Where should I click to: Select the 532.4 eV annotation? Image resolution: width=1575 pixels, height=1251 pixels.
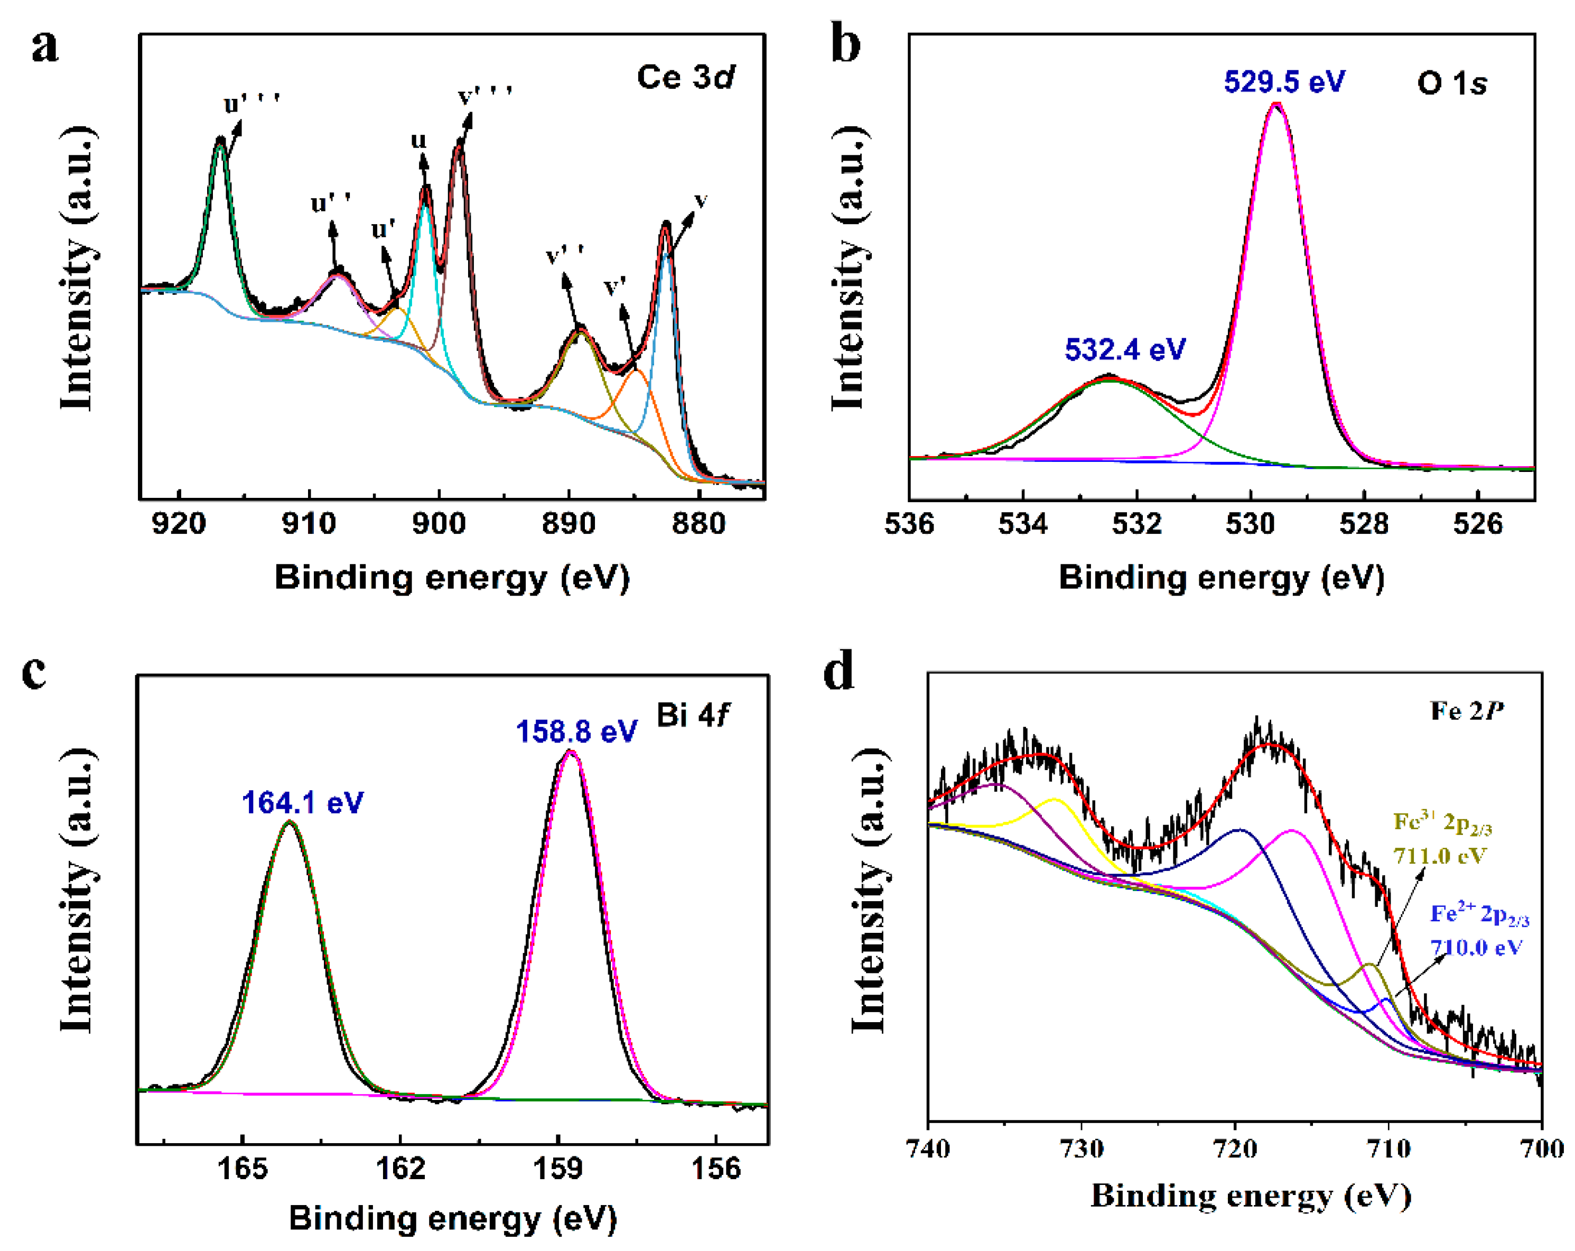[x=1124, y=350]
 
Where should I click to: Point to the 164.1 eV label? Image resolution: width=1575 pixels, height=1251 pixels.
[x=302, y=803]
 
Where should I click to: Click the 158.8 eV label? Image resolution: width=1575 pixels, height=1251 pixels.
[x=576, y=731]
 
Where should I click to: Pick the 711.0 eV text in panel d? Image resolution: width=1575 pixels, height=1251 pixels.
[x=1439, y=855]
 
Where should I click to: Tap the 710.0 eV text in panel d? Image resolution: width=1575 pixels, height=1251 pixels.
[x=1476, y=948]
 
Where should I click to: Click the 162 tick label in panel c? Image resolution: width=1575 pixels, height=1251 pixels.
[x=400, y=1169]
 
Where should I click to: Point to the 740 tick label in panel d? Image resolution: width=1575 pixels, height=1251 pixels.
[x=928, y=1150]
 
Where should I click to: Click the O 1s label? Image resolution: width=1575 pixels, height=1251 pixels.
[x=1451, y=84]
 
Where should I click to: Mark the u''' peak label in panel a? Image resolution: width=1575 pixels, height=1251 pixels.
[x=251, y=105]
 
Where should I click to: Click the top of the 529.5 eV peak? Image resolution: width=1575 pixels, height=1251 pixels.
[x=1275, y=105]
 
